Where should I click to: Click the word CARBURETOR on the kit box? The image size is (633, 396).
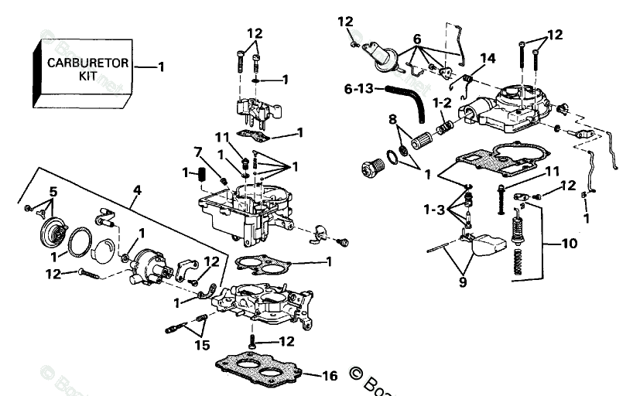(87, 63)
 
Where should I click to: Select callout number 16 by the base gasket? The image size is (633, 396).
(329, 376)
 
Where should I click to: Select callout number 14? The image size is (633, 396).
(488, 58)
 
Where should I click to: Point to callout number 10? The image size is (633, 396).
(569, 244)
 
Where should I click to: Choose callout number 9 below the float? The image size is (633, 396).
(462, 282)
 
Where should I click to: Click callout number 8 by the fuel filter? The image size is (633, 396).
(392, 119)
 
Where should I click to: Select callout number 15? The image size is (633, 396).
(202, 345)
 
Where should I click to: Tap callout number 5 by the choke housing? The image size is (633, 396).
(53, 191)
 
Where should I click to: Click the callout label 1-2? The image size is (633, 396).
(441, 102)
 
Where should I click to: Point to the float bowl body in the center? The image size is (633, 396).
(240, 209)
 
